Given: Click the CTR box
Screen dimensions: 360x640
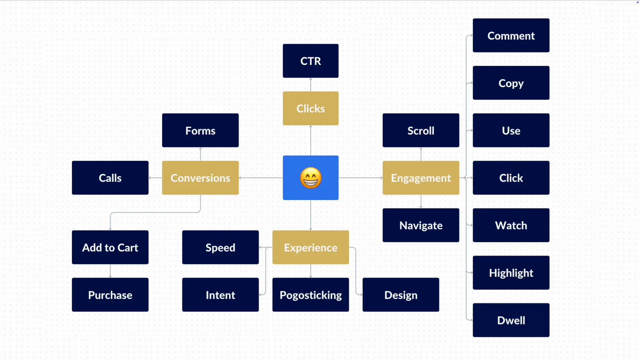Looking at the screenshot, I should [310, 61].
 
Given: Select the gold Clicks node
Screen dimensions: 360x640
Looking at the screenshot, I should [310, 108].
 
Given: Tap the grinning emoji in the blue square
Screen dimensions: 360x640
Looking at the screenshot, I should [311, 178].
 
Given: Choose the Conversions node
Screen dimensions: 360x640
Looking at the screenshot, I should [200, 178].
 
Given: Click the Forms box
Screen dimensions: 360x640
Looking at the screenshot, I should [200, 130].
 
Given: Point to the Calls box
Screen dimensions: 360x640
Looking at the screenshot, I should [110, 178].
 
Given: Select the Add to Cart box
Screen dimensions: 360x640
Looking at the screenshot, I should [110, 247].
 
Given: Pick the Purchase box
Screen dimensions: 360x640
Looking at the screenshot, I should [110, 295].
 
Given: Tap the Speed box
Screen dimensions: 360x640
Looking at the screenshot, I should [220, 247].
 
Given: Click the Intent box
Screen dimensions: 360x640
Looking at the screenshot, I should [220, 295].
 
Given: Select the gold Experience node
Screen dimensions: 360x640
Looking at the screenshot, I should [310, 247].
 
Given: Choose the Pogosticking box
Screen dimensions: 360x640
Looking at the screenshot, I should [310, 295].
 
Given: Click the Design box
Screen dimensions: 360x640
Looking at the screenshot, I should [401, 295].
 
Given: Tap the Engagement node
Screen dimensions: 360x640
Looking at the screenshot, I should [421, 178].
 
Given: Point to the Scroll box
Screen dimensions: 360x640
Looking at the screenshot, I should [421, 130].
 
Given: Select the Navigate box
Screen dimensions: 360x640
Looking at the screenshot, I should [421, 225].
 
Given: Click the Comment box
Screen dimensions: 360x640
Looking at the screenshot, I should [511, 36].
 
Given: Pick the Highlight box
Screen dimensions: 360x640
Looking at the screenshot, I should [511, 273].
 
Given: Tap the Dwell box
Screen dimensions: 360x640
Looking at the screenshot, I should [511, 320].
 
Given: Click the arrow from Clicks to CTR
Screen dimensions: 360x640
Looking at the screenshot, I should [311, 85].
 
